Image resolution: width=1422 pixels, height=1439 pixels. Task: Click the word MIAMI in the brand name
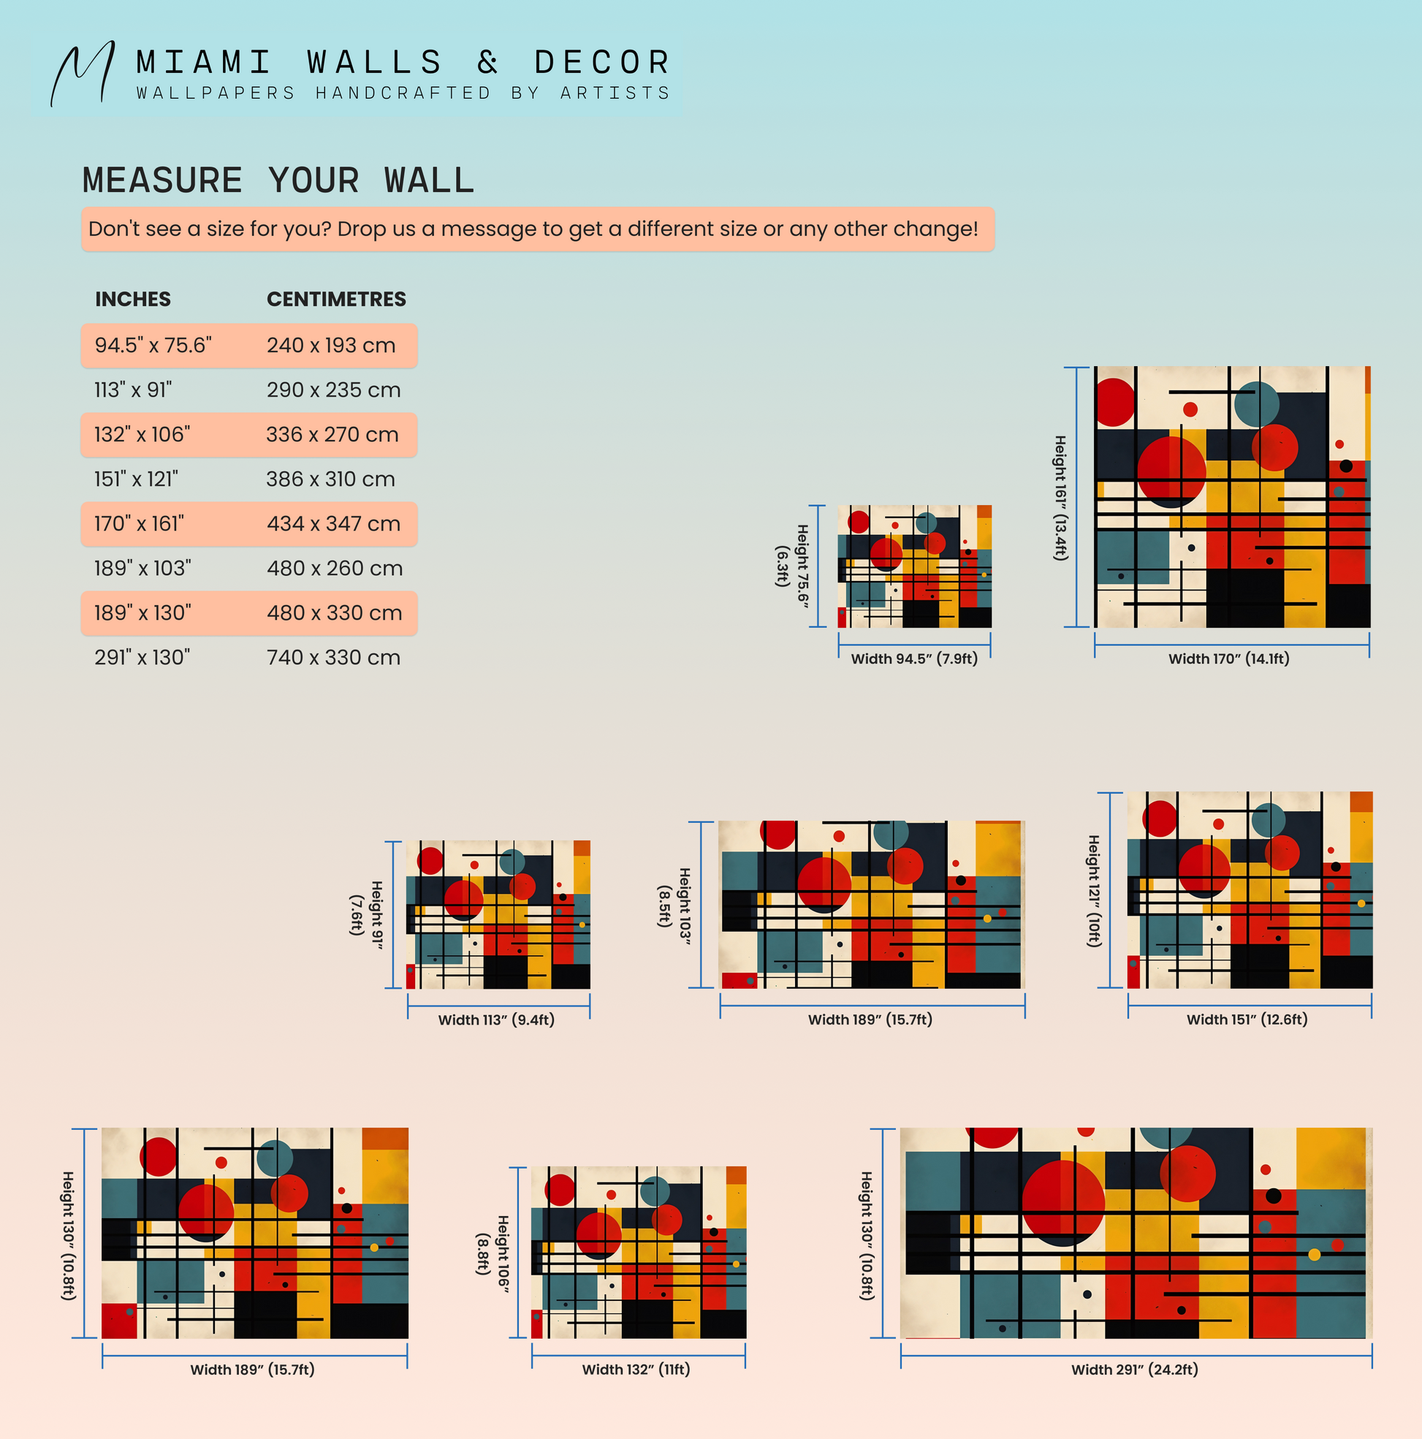[x=204, y=63]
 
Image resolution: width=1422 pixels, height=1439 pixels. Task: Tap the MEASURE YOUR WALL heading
[x=278, y=181]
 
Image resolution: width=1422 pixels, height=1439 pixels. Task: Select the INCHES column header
[x=132, y=299]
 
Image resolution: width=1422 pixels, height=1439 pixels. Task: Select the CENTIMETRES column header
[x=336, y=299]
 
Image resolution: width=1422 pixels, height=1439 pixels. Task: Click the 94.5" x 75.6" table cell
[x=153, y=345]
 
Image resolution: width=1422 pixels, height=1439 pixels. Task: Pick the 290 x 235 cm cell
[x=334, y=390]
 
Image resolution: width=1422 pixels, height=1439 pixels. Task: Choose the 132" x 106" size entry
[x=142, y=434]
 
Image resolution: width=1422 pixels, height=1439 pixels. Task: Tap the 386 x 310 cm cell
[x=331, y=479]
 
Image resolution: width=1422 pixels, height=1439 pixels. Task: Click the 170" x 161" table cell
[x=140, y=523]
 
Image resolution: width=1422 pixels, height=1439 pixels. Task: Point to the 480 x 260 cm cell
[x=335, y=569]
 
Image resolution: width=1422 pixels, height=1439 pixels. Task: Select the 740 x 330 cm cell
[x=334, y=658]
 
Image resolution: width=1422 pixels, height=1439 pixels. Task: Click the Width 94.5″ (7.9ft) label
[x=914, y=658]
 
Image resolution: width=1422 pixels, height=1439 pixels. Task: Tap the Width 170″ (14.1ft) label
[x=1228, y=658]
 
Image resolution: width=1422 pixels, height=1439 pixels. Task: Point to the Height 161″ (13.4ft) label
[x=1060, y=498]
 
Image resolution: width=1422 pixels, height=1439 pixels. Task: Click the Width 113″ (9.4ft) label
[x=496, y=1020]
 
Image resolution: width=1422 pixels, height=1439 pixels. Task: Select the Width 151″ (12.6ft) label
[x=1247, y=1019]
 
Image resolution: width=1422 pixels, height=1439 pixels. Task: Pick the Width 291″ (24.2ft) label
[x=1135, y=1369]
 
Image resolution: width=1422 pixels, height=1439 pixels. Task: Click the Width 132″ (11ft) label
[x=636, y=1369]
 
